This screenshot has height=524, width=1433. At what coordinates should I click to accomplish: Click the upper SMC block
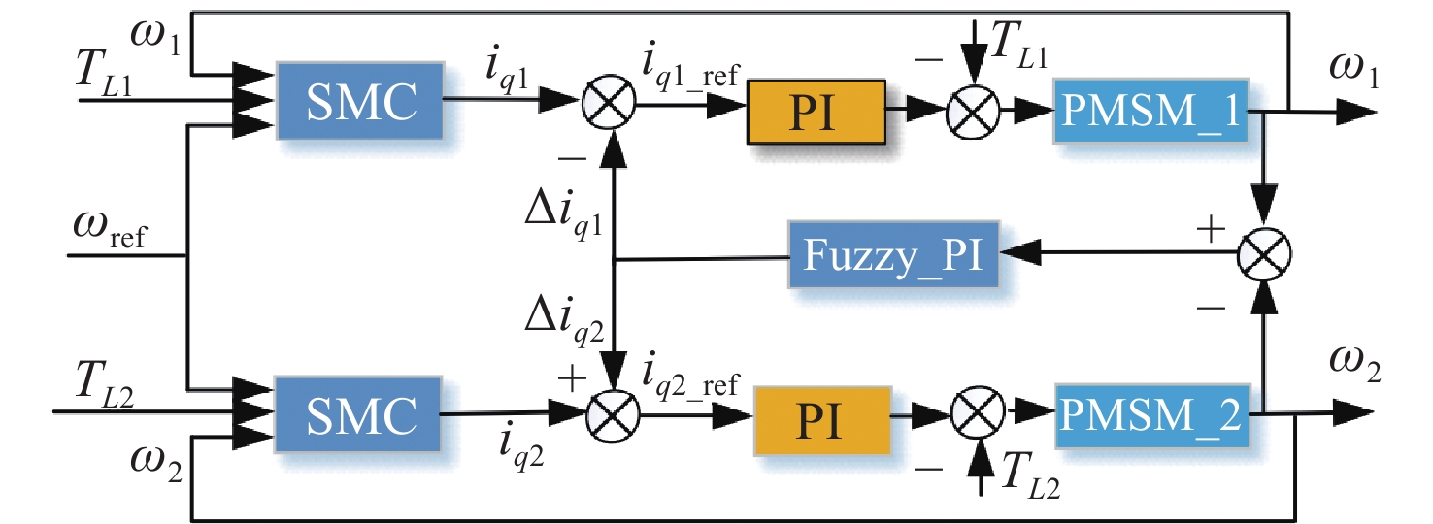(x=360, y=99)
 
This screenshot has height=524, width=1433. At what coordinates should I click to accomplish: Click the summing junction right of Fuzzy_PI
(x=1263, y=256)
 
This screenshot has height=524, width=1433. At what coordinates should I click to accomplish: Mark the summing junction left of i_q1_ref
(x=609, y=100)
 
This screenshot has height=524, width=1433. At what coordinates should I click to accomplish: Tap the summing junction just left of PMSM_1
(x=973, y=111)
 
